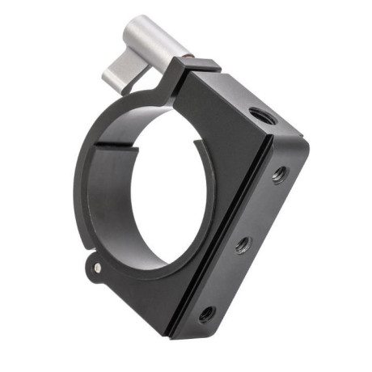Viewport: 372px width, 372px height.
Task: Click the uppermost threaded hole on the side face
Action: tap(278, 174)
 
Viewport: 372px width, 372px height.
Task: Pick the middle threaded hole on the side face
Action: tap(242, 244)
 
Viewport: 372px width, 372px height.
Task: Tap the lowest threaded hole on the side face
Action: tap(205, 314)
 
